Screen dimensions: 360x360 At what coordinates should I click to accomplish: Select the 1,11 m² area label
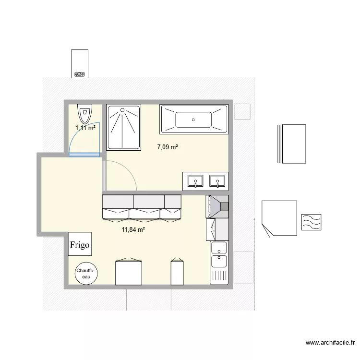coord(85,128)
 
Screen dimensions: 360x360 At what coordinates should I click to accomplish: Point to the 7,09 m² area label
coord(168,147)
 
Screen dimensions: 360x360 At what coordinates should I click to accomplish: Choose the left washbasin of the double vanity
coord(195,181)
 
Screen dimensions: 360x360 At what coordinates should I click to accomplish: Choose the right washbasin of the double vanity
coord(218,181)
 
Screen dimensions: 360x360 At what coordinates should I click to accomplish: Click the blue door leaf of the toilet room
coord(84,155)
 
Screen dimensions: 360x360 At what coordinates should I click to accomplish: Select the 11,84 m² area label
coord(133,229)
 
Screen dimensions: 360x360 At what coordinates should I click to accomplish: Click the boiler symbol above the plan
coord(79,63)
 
